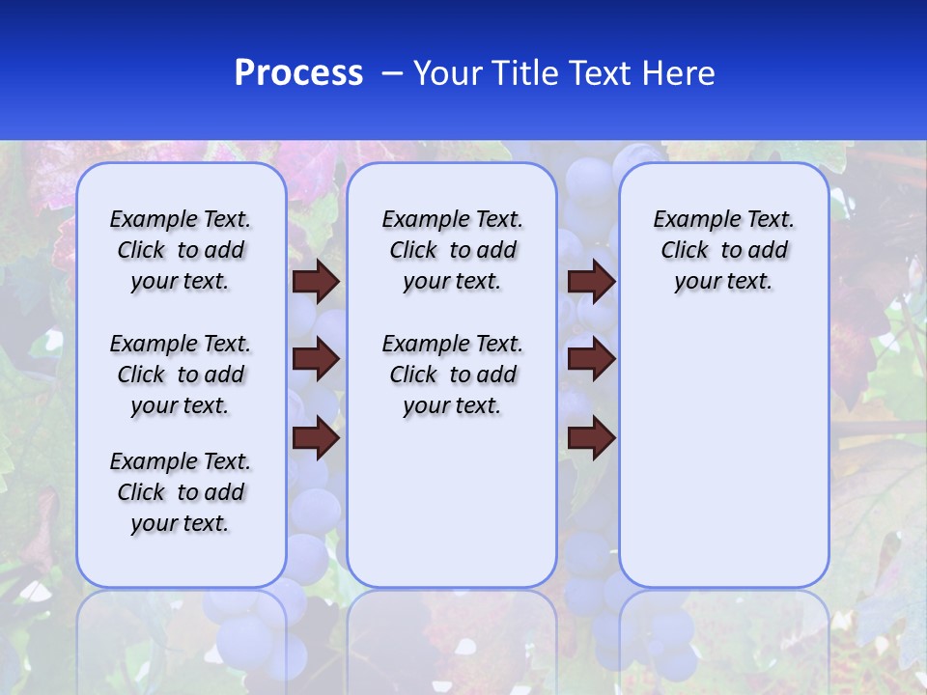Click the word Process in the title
coord(298,73)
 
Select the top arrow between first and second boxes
coord(316,281)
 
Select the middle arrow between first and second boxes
coord(316,359)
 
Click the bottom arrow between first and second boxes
coord(316,438)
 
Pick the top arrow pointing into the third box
coord(591,281)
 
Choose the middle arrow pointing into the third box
coord(591,359)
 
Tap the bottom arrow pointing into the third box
coord(591,438)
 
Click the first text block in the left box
coord(181,250)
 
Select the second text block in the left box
coord(181,375)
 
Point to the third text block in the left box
coord(181,492)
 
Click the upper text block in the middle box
coord(452,250)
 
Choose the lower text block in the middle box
coord(452,375)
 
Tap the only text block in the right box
coord(723,250)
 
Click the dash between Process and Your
coord(393,73)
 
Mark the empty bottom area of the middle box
coord(452,512)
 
